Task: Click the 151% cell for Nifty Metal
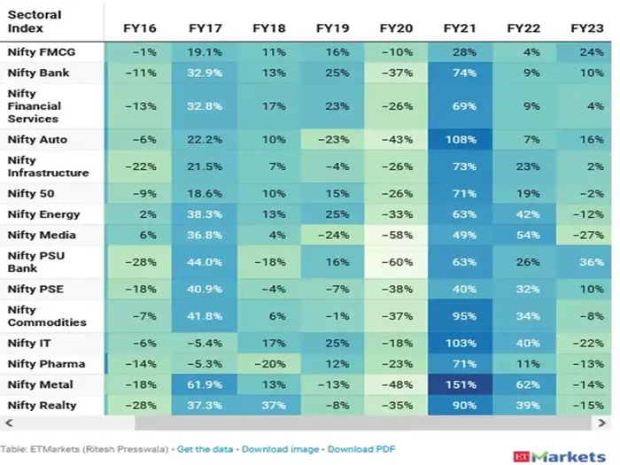461,384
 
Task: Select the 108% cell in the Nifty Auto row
461,139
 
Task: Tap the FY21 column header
461,28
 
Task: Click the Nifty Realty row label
42,406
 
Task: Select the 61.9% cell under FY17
205,384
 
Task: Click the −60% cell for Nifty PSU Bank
397,261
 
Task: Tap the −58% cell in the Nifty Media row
397,235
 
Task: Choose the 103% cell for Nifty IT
461,343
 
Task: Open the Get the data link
205,449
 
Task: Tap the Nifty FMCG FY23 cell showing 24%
586,52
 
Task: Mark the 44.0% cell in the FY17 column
205,261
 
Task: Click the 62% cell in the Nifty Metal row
524,384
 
